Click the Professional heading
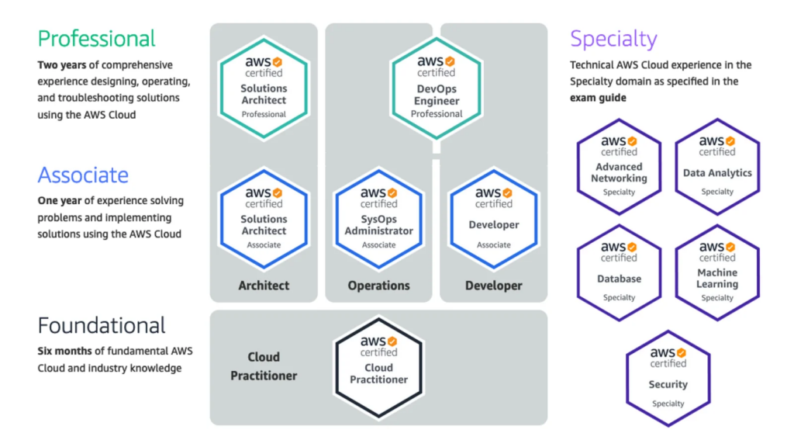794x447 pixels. [x=96, y=38]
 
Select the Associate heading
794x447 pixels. [x=83, y=175]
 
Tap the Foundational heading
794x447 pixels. [x=102, y=325]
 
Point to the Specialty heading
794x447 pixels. [x=613, y=38]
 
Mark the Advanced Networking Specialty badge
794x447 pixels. [x=619, y=166]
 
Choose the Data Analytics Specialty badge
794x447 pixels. [x=717, y=166]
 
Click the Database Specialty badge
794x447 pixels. [x=619, y=272]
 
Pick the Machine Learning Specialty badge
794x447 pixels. [x=717, y=272]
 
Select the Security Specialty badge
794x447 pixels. [x=668, y=379]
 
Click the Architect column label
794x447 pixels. [x=264, y=286]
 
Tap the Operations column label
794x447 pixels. [x=379, y=286]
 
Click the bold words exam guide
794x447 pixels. [x=598, y=99]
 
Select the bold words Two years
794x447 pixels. [x=60, y=65]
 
